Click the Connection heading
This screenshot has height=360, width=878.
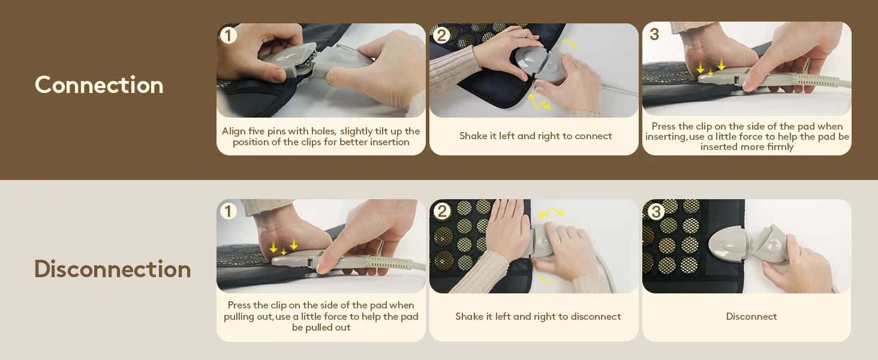pos(99,85)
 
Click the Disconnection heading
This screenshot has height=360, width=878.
pos(113,269)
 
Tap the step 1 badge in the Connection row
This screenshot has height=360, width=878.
pos(228,35)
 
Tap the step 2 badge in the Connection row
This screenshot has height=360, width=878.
pos(441,35)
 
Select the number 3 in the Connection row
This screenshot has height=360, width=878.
pos(654,35)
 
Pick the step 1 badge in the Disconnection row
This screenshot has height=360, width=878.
pos(228,211)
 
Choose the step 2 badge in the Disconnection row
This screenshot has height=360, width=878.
pos(442,211)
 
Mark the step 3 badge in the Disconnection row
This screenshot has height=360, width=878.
pos(656,212)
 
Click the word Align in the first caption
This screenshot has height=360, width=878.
pos(233,131)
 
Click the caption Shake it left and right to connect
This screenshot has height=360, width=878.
pos(536,136)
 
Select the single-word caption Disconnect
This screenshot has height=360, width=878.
pos(751,316)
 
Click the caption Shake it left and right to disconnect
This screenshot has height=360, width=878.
pos(538,316)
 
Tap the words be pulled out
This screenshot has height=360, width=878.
pos(321,328)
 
